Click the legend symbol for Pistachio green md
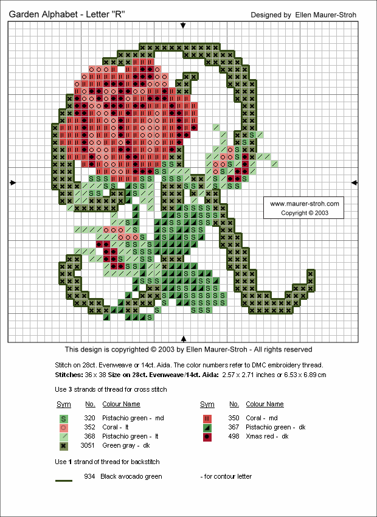tap(64, 418)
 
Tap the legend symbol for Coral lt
tap(64, 428)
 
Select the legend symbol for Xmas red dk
tap(207, 437)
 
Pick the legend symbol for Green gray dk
tap(64, 446)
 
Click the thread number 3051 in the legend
tap(89, 446)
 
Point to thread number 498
tap(234, 437)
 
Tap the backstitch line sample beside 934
tap(64, 481)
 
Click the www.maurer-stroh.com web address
tap(304, 204)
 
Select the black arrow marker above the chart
tap(184, 25)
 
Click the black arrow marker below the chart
tap(184, 338)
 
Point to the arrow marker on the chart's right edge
tap(354, 182)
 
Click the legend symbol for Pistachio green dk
tap(207, 428)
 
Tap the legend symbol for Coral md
tap(207, 418)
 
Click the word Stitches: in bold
tap(69, 375)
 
